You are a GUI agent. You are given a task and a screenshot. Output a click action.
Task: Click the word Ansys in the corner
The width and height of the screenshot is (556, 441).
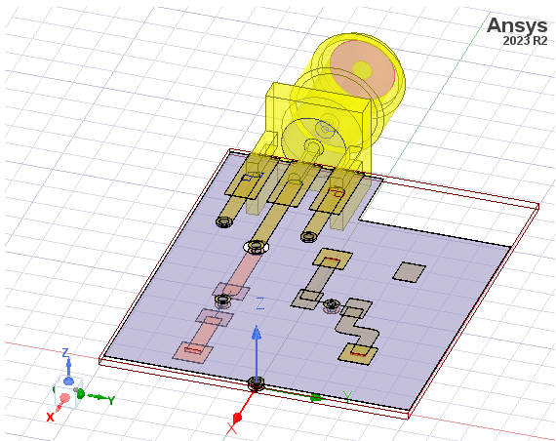click(517, 25)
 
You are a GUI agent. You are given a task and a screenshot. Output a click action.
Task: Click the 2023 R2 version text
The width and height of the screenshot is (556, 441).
click(525, 42)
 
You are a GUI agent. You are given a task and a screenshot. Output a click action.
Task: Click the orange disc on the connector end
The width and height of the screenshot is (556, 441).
click(362, 68)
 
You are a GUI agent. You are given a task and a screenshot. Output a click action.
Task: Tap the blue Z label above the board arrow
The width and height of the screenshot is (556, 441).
click(259, 304)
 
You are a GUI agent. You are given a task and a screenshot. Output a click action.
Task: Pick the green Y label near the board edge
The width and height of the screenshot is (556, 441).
click(346, 395)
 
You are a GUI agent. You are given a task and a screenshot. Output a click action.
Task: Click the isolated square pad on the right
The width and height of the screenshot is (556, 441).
click(410, 271)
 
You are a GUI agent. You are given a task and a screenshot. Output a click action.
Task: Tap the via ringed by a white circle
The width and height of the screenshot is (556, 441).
click(256, 246)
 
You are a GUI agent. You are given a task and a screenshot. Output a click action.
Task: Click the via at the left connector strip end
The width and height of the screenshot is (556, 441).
click(223, 221)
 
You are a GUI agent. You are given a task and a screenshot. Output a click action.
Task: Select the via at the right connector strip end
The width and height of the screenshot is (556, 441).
click(309, 234)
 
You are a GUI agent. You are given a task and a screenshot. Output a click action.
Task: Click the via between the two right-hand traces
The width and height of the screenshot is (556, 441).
click(332, 304)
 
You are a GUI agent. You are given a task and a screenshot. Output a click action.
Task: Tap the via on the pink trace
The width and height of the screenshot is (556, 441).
click(222, 298)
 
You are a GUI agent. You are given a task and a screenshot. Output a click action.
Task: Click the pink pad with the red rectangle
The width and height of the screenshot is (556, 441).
click(191, 350)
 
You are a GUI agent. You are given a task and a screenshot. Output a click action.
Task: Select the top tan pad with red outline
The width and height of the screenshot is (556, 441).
click(332, 259)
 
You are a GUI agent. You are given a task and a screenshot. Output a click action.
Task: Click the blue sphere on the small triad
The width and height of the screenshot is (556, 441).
click(68, 381)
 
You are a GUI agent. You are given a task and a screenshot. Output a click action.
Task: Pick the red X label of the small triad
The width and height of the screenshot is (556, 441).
click(50, 417)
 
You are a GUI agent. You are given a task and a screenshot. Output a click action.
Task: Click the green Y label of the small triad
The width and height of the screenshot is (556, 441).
click(112, 400)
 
